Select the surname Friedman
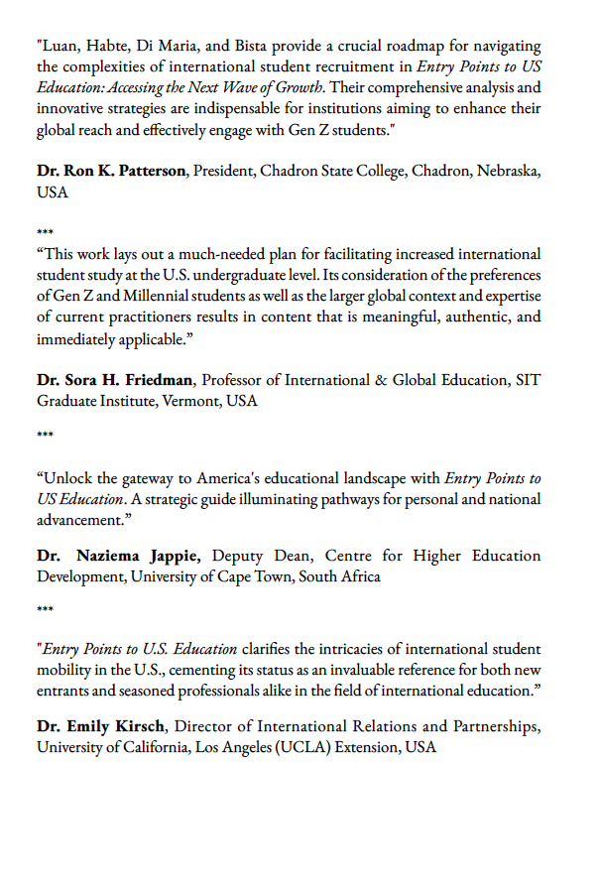point(156,380)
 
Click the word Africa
point(358,576)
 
